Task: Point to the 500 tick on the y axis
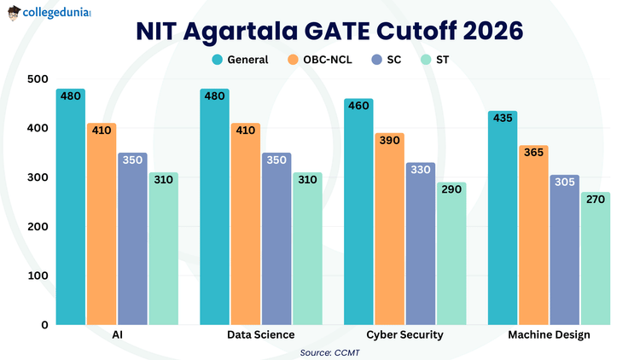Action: point(37,79)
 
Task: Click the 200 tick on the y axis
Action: point(37,227)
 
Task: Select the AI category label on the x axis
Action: point(117,335)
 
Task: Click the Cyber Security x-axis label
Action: point(404,335)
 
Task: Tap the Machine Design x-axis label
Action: point(549,335)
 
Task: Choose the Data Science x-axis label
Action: point(261,335)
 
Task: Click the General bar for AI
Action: point(71,213)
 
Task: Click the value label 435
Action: point(502,119)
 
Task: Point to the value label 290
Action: point(451,189)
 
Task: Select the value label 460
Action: point(358,106)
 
